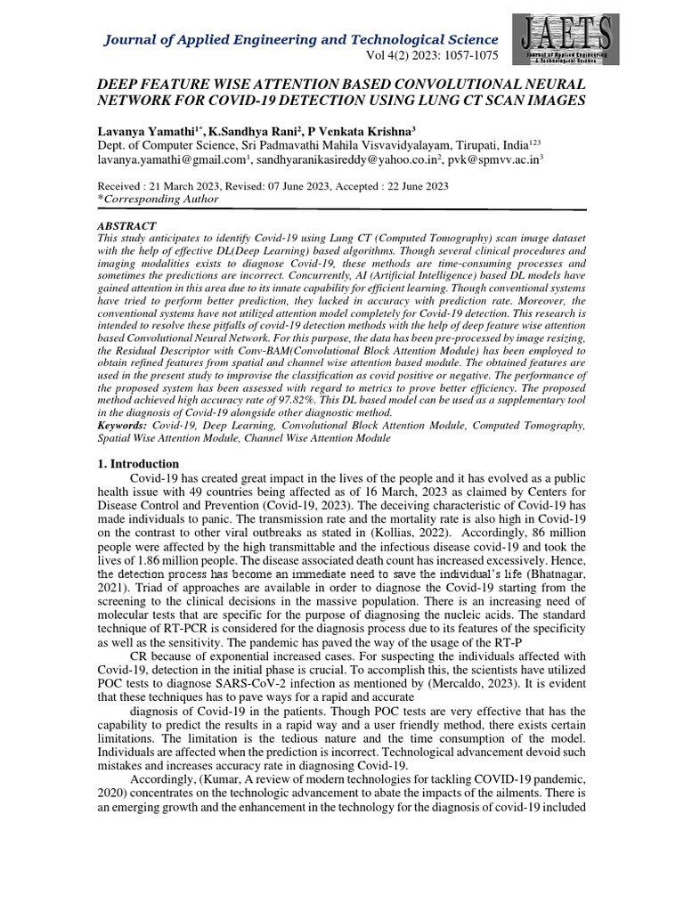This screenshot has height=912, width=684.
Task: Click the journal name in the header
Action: pyautogui.click(x=302, y=39)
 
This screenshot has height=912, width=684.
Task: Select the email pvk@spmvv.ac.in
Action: pyautogui.click(x=489, y=162)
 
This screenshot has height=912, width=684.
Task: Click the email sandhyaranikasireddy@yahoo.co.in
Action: pyautogui.click(x=345, y=162)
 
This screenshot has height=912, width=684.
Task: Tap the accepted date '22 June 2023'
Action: pyautogui.click(x=411, y=186)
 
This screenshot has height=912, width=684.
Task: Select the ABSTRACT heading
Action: pyautogui.click(x=126, y=226)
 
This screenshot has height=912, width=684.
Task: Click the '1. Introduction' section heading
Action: pyautogui.click(x=138, y=464)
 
